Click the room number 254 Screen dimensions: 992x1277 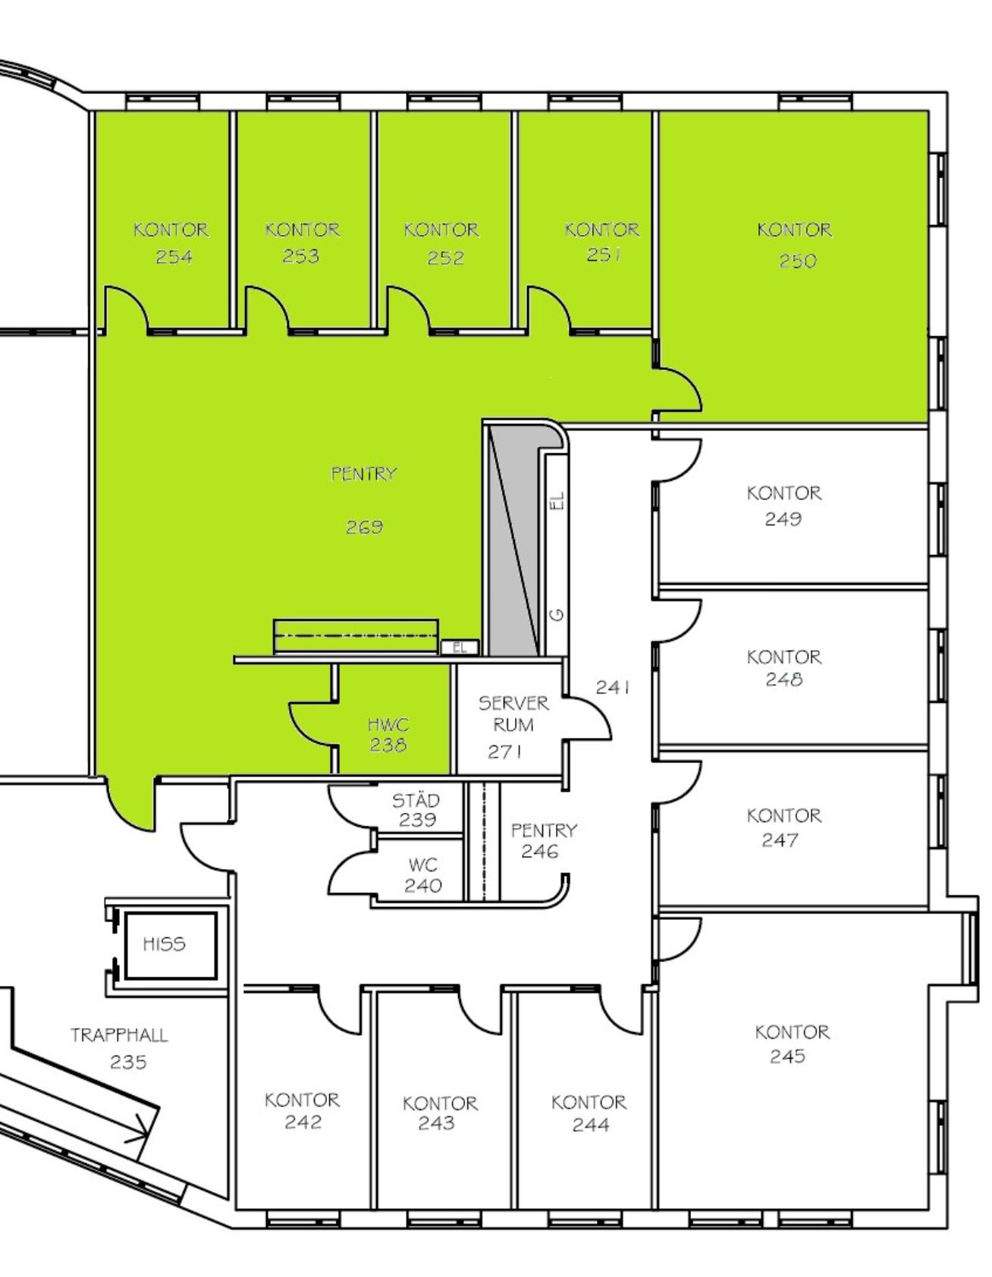tap(174, 257)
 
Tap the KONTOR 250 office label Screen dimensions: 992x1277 tap(795, 245)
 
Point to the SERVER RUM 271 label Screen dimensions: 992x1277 tap(513, 726)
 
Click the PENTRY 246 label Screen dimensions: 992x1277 tap(544, 840)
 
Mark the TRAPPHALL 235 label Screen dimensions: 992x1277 tap(120, 1048)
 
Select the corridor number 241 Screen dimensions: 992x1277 tap(613, 687)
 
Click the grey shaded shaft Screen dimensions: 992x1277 tap(513, 540)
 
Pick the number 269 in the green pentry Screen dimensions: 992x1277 tap(364, 526)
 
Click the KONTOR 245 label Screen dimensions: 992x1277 tap(792, 1043)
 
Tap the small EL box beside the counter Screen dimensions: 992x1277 tap(460, 648)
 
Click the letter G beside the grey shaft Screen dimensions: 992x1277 tap(557, 614)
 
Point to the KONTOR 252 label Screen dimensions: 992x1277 tap(441, 243)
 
